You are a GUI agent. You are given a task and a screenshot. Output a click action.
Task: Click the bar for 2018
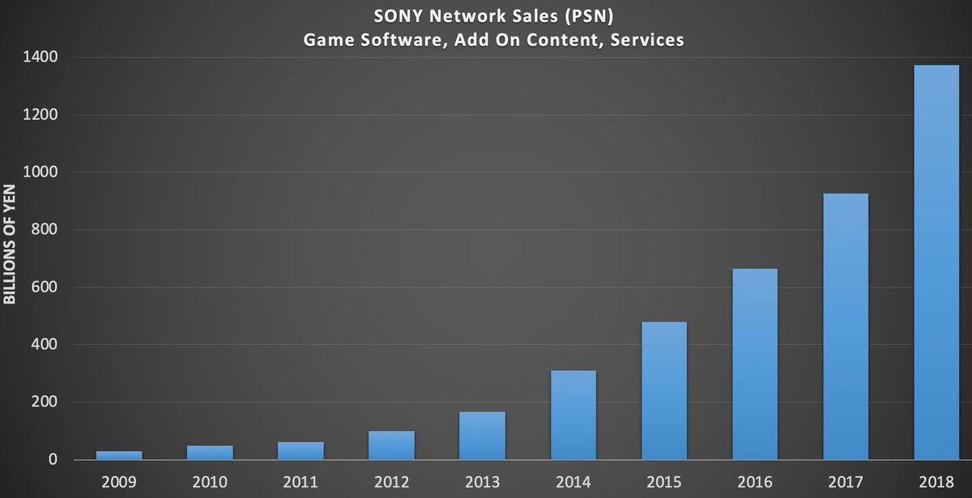click(936, 262)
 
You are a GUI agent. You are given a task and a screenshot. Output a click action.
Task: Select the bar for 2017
click(845, 326)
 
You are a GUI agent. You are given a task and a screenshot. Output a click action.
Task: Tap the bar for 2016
click(754, 364)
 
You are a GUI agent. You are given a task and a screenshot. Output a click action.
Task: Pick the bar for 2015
click(663, 391)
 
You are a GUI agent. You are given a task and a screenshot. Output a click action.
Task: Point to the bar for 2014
click(573, 415)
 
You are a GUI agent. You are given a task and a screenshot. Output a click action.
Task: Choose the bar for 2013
click(482, 436)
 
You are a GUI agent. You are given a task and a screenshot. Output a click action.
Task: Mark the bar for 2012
click(391, 445)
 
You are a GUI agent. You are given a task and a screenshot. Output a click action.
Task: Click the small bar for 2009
click(119, 455)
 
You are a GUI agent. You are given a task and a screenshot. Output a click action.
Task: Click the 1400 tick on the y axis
click(41, 57)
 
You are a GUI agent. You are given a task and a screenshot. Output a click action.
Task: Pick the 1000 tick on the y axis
click(41, 172)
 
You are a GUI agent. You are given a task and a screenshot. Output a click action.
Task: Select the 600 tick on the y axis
click(45, 287)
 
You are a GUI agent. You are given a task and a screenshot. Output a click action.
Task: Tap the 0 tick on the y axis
click(53, 460)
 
